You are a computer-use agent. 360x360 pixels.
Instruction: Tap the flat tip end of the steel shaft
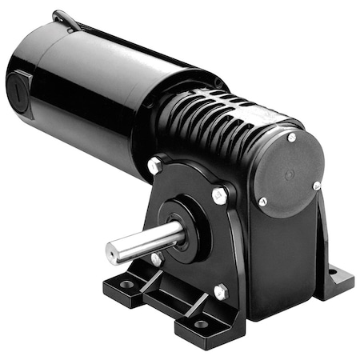point(112,253)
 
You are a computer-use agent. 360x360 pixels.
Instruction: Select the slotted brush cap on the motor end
point(19,85)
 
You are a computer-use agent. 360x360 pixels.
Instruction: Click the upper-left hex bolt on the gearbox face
point(154,164)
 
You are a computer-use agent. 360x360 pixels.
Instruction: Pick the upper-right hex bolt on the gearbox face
point(218,192)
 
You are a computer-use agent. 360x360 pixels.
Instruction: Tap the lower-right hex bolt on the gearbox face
point(221,291)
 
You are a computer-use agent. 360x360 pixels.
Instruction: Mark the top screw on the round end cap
point(291,138)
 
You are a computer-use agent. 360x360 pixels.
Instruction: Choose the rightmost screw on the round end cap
point(317,186)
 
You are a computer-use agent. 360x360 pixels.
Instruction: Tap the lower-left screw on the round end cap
point(262,201)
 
